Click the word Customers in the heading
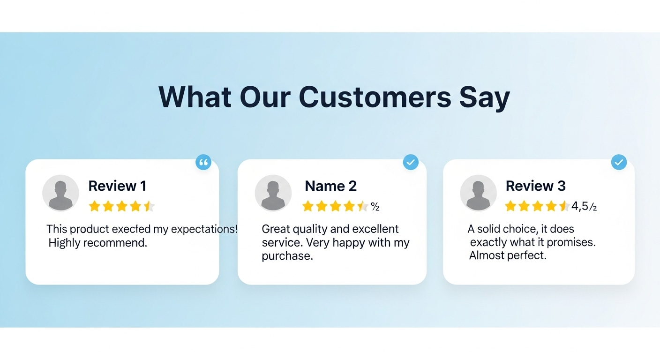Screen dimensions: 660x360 pyautogui.click(x=375, y=97)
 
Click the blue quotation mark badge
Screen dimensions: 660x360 pyautogui.click(x=203, y=162)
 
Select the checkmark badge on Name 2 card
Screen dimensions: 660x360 pyautogui.click(x=411, y=162)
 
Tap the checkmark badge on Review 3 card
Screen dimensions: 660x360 pyautogui.click(x=619, y=162)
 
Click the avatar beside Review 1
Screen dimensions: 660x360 pyautogui.click(x=60, y=193)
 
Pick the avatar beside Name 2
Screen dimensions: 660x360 pyautogui.click(x=273, y=193)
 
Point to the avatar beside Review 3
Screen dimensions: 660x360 pyautogui.click(x=478, y=193)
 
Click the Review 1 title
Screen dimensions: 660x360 pyautogui.click(x=117, y=186)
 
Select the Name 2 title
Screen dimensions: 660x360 pyautogui.click(x=330, y=186)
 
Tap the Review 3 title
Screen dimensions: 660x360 pyautogui.click(x=536, y=186)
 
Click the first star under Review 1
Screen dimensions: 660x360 pyautogui.click(x=95, y=206)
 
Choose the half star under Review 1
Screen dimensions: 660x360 pyautogui.click(x=149, y=206)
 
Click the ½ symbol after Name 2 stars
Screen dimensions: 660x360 pyautogui.click(x=375, y=207)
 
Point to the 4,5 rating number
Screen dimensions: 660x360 pyautogui.click(x=579, y=206)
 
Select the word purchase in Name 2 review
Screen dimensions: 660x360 pyautogui.click(x=287, y=256)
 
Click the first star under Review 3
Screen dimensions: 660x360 pyautogui.click(x=510, y=206)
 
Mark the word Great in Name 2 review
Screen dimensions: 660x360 pyautogui.click(x=276, y=229)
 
